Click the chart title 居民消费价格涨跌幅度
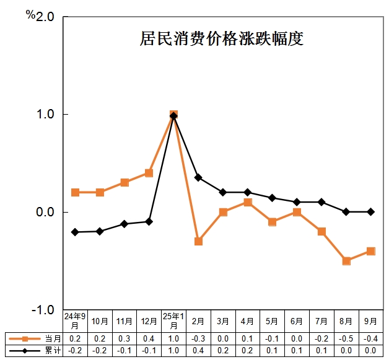221,40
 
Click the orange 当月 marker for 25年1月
173,115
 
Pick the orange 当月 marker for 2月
198,241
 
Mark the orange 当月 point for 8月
346,261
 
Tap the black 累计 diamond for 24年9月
75,232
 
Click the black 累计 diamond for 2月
198,177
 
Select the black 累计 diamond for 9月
370,212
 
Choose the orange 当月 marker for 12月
149,173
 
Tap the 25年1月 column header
173,321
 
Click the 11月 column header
125,321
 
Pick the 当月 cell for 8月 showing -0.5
346,338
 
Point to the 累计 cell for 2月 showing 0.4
198,350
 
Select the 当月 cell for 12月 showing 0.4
149,338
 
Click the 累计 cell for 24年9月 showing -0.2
75,350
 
